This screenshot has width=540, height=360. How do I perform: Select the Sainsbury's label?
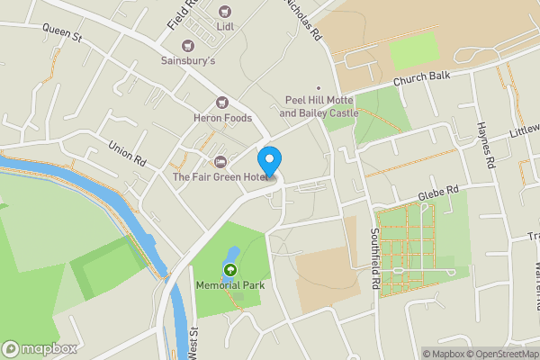pyautogui.click(x=188, y=61)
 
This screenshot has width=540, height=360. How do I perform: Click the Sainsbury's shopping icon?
pyautogui.click(x=188, y=45)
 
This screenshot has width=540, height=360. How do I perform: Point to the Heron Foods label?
pyautogui.click(x=220, y=118)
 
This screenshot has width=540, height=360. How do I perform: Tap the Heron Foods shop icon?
pyautogui.click(x=221, y=103)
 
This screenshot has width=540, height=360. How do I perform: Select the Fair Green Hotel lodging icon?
pyautogui.click(x=220, y=162)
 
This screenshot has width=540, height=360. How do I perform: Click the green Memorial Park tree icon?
pyautogui.click(x=229, y=269)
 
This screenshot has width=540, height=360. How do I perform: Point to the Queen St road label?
pyautogui.click(x=61, y=33)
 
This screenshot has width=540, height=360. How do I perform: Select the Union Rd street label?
pyautogui.click(x=127, y=154)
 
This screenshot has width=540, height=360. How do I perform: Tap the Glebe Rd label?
pyautogui.click(x=438, y=193)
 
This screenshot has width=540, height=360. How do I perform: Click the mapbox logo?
pyautogui.click(x=39, y=348)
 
